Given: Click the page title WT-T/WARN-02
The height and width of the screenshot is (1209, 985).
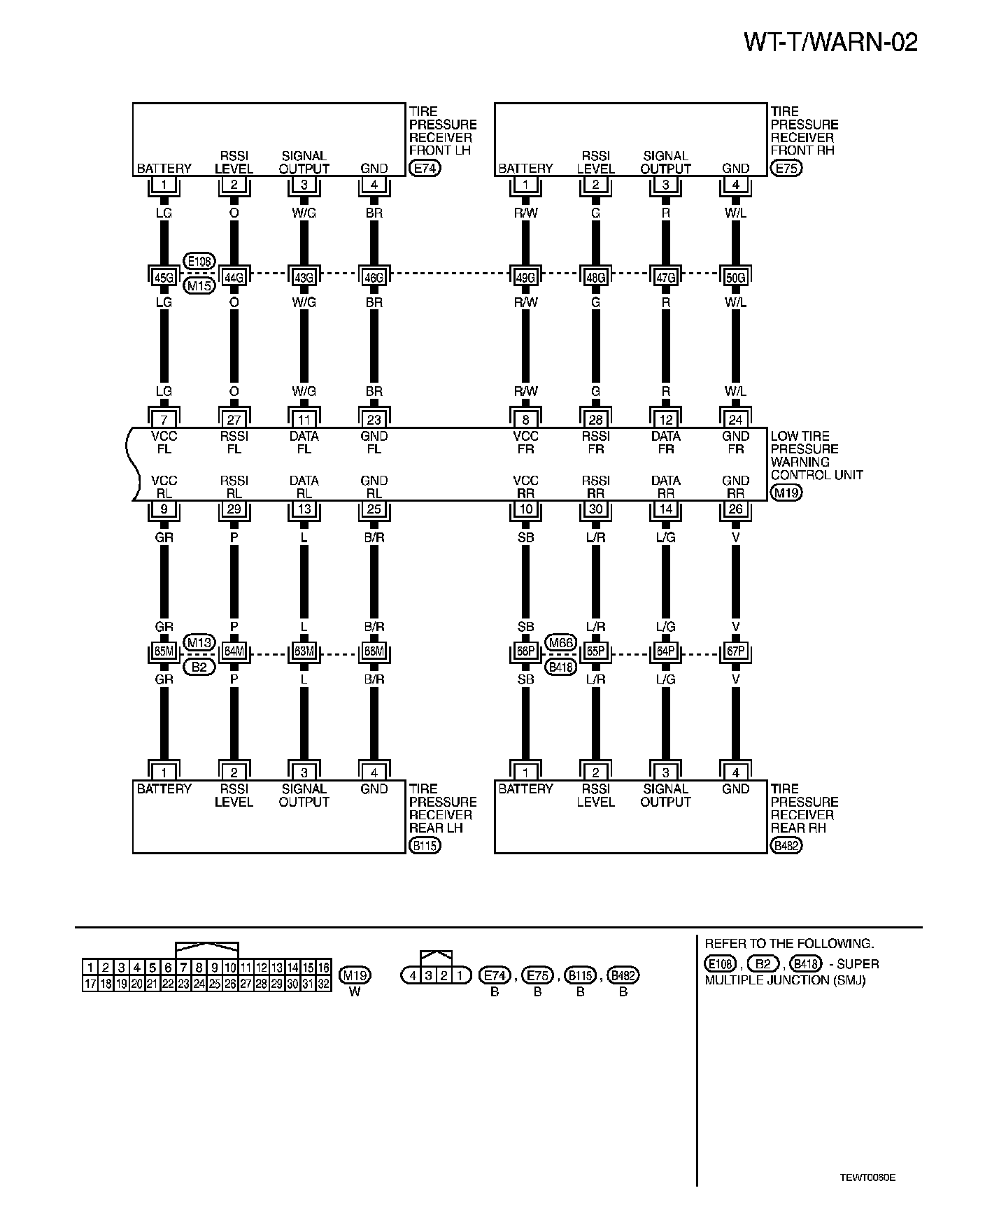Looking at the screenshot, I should click(830, 43).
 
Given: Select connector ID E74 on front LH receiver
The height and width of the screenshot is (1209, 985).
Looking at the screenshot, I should click(424, 169).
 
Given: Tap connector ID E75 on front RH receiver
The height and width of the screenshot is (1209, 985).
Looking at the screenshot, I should click(786, 169).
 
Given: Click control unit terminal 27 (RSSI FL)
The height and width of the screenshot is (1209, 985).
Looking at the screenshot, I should click(234, 420).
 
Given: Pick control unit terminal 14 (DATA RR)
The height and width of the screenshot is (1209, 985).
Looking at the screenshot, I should click(665, 509).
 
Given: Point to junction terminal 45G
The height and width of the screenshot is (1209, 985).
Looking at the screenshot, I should click(164, 278).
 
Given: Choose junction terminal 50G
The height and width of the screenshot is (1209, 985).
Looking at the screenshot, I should click(735, 278).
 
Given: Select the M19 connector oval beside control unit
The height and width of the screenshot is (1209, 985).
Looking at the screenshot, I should click(786, 493).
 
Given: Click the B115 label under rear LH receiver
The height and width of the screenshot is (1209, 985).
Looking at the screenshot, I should click(425, 846).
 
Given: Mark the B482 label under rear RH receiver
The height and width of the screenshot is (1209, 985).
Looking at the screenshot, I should click(786, 846).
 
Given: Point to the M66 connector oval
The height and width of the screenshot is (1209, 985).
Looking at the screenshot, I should click(561, 642).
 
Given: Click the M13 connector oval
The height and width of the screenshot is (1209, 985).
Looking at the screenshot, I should click(199, 642).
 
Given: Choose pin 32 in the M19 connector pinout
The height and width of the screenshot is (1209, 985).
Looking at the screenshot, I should click(323, 984).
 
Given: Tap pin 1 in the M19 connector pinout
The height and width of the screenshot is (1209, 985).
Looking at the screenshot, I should click(90, 968).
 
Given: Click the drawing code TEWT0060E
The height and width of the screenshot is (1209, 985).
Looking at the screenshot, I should click(867, 1178).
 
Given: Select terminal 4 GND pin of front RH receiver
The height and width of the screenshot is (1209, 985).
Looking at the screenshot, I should click(735, 185).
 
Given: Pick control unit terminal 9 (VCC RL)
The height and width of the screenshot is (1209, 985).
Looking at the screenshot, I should click(164, 509).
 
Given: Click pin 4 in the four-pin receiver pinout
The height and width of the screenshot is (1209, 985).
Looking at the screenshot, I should click(413, 975).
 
